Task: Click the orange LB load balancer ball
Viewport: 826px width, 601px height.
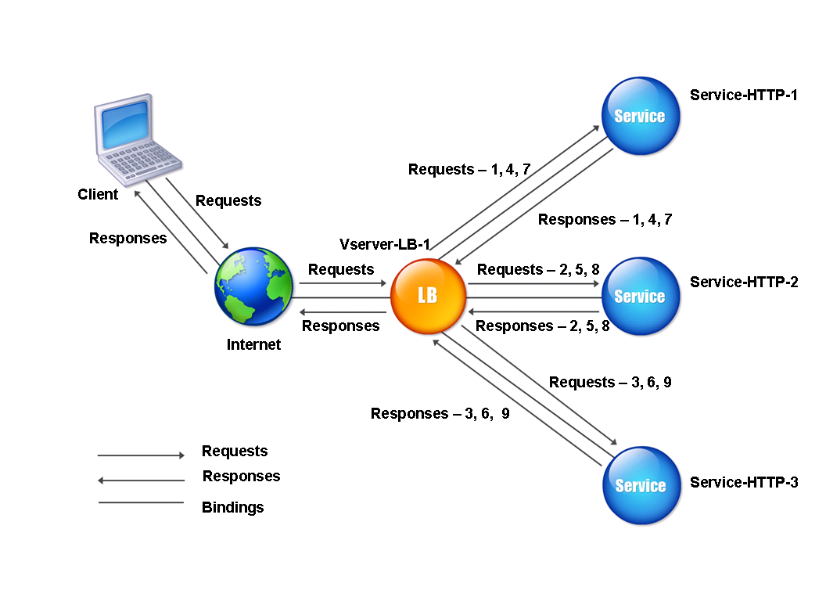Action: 428,295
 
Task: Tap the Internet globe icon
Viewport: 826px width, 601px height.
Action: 253,286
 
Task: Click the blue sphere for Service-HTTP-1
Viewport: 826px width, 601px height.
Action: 640,116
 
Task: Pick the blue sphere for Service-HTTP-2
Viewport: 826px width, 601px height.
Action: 640,297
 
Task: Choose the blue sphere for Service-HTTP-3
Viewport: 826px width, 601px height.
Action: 640,485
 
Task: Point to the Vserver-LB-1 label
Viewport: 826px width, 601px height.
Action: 385,244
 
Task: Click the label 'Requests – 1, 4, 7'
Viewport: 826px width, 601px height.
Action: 469,169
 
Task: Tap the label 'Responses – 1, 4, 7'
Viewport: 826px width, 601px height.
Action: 605,219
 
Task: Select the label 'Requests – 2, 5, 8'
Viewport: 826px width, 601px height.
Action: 538,269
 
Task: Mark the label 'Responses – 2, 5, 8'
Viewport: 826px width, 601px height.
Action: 542,326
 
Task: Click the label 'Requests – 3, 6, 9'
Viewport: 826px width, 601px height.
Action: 610,382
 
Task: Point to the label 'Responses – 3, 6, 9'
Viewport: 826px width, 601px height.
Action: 440,413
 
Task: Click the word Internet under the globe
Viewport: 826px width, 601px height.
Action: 253,344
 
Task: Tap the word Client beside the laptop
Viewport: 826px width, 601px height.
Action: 98,194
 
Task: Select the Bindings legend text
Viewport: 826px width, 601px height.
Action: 233,507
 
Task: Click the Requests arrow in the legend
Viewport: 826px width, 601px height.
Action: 141,455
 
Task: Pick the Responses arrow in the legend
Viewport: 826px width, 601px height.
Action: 141,480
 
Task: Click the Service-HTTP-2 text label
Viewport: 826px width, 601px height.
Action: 744,282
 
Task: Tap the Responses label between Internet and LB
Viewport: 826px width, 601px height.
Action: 340,326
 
